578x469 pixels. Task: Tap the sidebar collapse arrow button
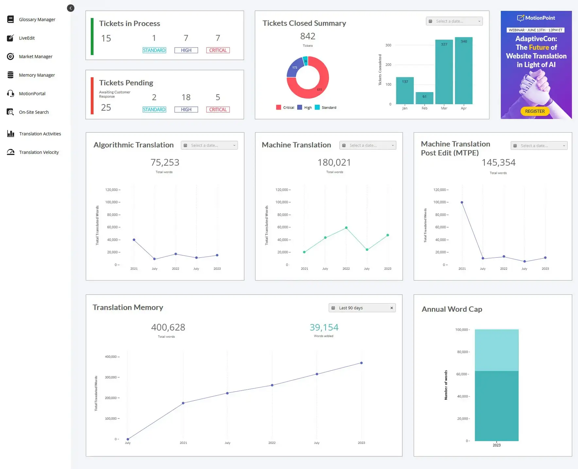(x=71, y=8)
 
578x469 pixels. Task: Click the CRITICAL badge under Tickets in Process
(x=218, y=50)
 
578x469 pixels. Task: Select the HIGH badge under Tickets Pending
(x=186, y=110)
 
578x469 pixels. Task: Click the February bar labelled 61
(x=424, y=98)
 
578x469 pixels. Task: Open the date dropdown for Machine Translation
(x=368, y=145)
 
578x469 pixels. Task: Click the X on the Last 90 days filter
(x=391, y=308)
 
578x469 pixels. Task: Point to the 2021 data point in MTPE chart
(x=462, y=202)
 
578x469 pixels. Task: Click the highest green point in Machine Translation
(x=346, y=228)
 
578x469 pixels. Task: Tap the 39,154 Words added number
(x=324, y=327)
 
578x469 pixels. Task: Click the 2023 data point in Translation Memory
(x=361, y=363)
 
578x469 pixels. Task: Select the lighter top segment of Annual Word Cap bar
(x=496, y=349)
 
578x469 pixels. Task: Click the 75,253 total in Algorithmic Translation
(x=165, y=162)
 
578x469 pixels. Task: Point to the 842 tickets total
(x=307, y=36)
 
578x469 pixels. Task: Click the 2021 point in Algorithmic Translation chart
(x=134, y=240)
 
